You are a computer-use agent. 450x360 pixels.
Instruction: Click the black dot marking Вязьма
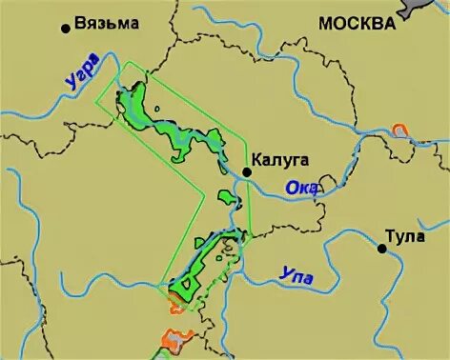(65, 28)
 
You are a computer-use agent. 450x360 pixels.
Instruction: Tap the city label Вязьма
(106, 24)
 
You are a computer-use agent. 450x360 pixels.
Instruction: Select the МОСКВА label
(356, 24)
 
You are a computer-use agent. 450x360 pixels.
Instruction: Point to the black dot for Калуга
(246, 171)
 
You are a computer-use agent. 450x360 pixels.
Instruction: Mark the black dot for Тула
(381, 249)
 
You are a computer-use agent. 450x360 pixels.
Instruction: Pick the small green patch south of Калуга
(227, 197)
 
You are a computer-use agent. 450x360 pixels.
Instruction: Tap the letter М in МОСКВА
(326, 24)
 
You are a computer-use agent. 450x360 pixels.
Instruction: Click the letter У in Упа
(285, 273)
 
